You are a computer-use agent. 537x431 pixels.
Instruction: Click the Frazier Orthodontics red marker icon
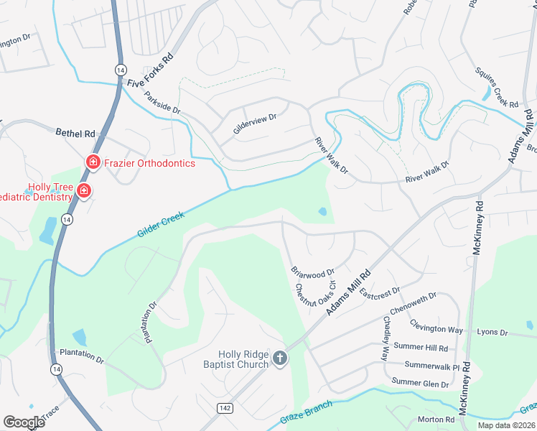pos(93,163)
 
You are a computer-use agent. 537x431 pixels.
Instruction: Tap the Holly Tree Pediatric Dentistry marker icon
pos(84,191)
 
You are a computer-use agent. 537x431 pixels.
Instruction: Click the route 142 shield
pos(225,407)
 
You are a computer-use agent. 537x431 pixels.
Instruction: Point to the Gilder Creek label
pos(161,225)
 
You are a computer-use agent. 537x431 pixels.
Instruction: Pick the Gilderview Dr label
pos(255,119)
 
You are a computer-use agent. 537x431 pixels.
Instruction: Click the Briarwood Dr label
pos(313,273)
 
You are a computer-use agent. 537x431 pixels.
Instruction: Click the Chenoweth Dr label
pos(414,305)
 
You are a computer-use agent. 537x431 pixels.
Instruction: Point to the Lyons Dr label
pos(492,333)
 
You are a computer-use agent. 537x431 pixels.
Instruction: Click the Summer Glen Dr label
pos(420,384)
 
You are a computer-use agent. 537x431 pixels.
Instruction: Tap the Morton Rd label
pos(436,420)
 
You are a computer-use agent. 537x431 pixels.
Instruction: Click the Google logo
pos(24,422)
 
